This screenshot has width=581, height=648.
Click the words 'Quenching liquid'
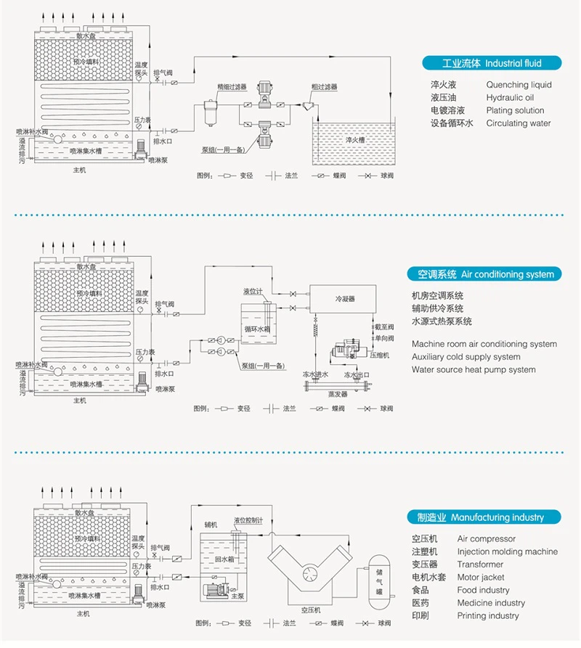click(519, 85)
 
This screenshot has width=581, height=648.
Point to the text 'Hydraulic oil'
click(510, 98)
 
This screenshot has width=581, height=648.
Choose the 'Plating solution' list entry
click(515, 110)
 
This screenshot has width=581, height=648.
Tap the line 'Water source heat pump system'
click(474, 369)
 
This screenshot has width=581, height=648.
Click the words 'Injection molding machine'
click(508, 551)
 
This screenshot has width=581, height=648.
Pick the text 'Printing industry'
click(488, 615)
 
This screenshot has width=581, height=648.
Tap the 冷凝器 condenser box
click(345, 298)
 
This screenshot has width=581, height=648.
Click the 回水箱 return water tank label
click(223, 560)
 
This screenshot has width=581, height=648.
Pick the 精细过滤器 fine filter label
click(232, 86)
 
